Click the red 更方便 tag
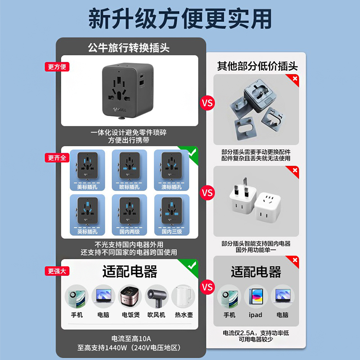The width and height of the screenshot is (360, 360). click(57, 67)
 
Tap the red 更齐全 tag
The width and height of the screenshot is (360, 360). click(57, 158)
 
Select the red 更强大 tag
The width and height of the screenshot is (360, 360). click(57, 271)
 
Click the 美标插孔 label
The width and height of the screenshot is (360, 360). click(86, 186)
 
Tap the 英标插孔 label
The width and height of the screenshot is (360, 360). click(86, 232)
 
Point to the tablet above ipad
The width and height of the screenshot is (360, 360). click(256, 297)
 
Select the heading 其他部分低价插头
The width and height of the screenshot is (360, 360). click(257, 67)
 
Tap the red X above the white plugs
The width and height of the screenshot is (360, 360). click(294, 171)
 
